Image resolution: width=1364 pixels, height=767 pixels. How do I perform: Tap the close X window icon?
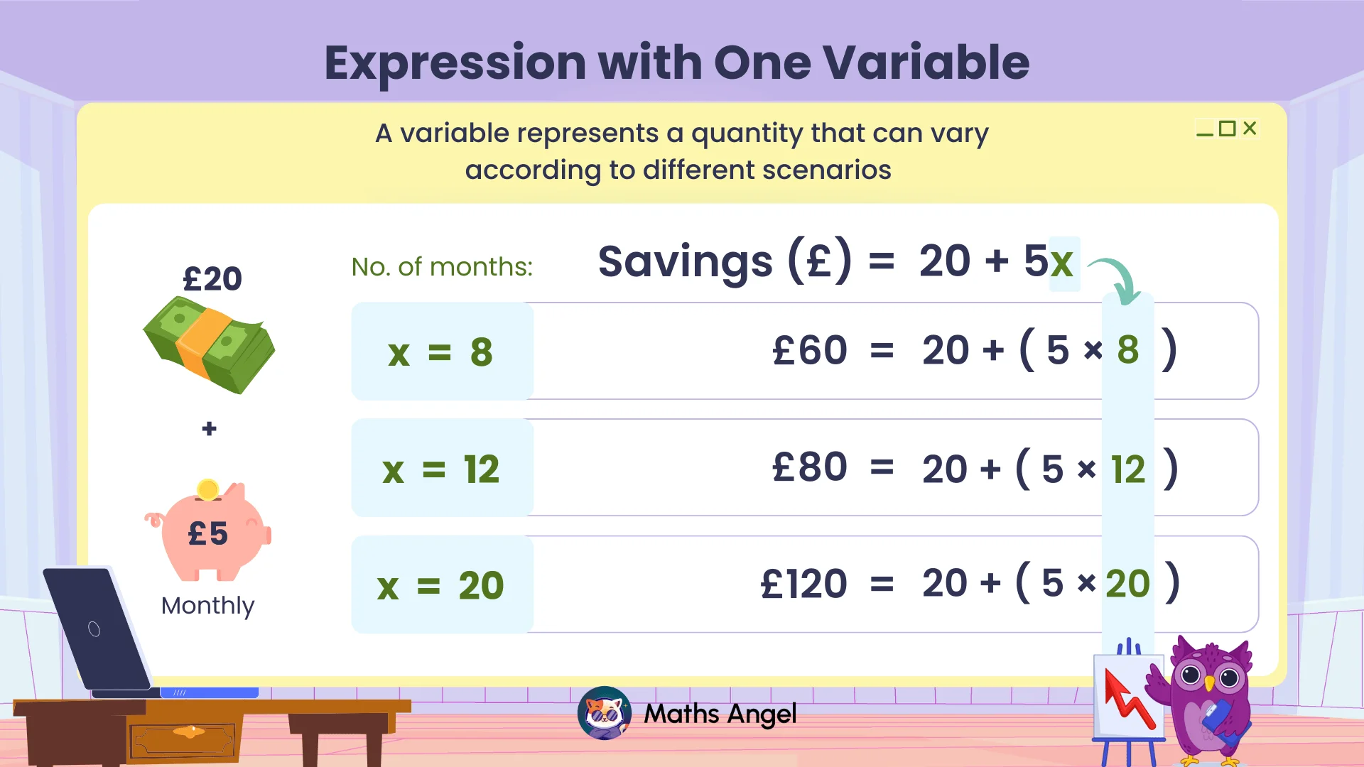point(1250,128)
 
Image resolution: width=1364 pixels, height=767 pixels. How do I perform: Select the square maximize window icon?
point(1227,129)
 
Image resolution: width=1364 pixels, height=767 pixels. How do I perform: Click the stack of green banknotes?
point(209,344)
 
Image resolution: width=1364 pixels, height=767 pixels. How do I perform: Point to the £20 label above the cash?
point(212,278)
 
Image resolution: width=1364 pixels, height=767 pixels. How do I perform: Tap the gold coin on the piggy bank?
point(208,489)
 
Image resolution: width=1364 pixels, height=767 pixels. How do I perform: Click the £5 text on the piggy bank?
point(207,533)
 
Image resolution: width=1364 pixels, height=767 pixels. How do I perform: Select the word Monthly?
point(207,605)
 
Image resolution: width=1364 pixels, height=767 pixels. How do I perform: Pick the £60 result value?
point(809,350)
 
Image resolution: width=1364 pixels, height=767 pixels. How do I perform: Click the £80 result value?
point(809,467)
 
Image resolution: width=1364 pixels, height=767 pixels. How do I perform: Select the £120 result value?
point(803,584)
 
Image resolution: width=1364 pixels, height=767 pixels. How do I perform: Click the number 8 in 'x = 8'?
point(481,352)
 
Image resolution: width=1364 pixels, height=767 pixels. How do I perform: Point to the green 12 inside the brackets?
point(1127,469)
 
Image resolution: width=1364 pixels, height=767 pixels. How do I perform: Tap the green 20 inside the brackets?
point(1127,584)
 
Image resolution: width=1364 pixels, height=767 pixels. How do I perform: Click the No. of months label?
point(442,267)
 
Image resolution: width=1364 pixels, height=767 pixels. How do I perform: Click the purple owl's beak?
point(1209,684)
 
